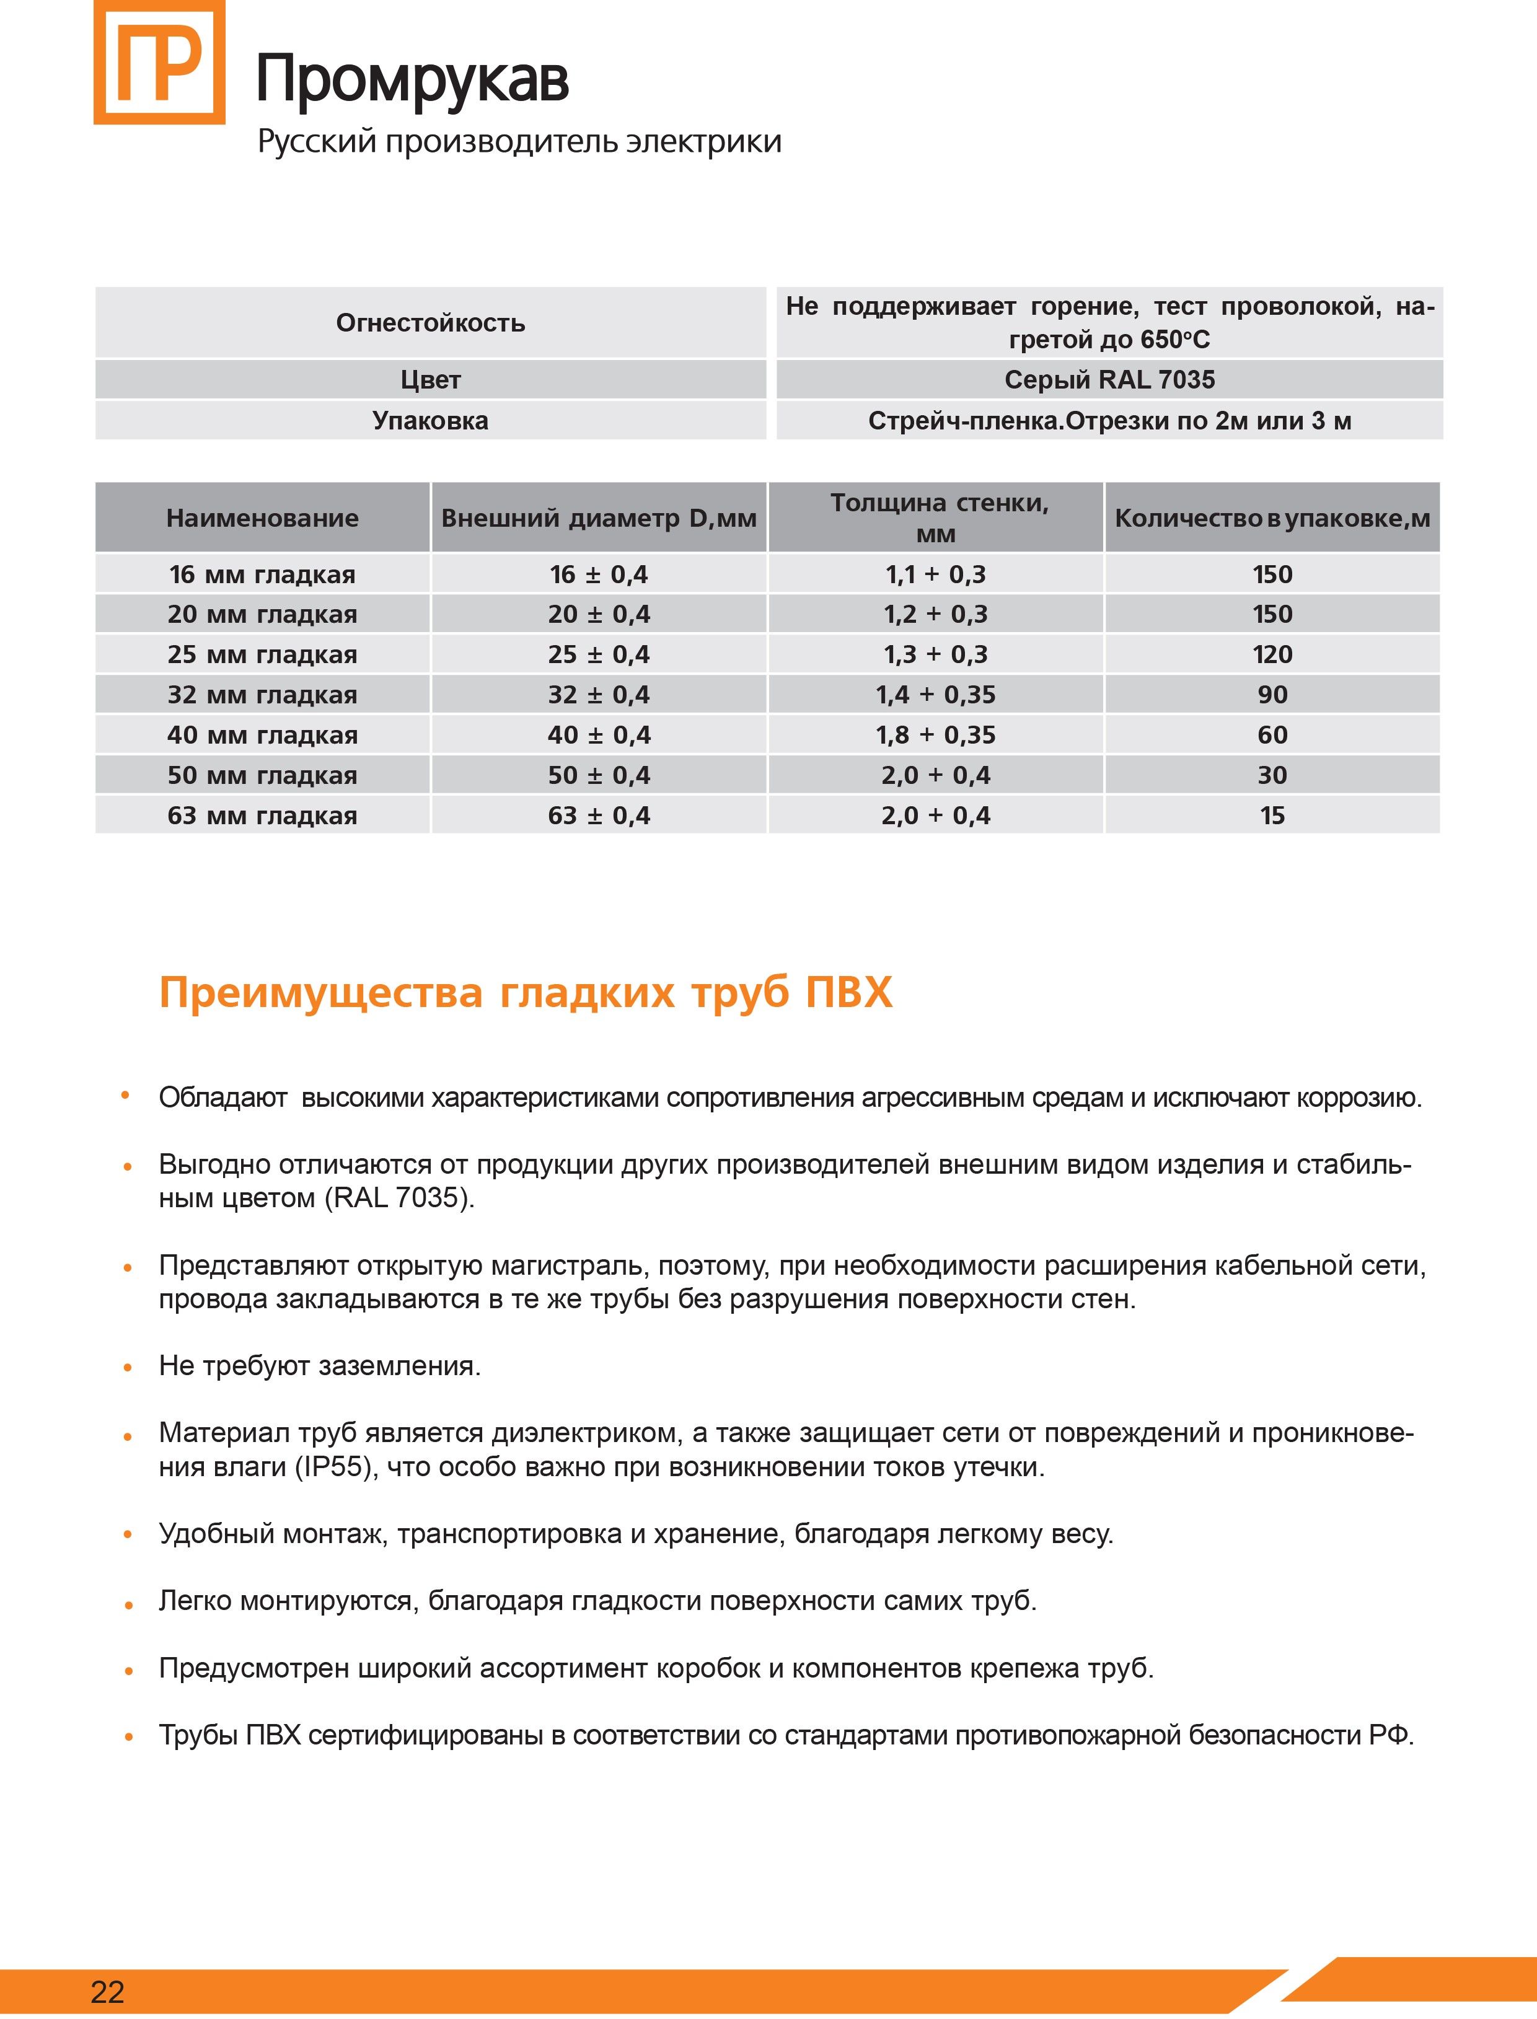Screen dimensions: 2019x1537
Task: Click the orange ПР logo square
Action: pos(159,62)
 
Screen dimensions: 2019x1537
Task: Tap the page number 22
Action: pos(107,1992)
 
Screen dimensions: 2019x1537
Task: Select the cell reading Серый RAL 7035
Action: pos(1109,380)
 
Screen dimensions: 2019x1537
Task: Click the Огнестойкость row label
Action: pos(430,323)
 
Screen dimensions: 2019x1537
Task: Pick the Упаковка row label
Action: pos(430,421)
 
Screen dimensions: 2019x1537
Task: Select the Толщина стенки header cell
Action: pos(935,518)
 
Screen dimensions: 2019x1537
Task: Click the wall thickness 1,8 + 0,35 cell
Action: pos(935,734)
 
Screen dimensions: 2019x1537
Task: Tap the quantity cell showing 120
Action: pos(1272,654)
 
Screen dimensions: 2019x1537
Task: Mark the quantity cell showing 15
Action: pos(1272,815)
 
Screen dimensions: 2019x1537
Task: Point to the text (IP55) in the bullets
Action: pos(335,1467)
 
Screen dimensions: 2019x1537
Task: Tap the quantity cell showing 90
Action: pos(1272,694)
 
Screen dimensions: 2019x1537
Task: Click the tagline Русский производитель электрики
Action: pos(519,142)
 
